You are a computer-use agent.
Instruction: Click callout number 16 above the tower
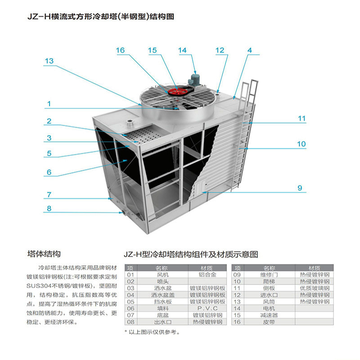pos(120,50)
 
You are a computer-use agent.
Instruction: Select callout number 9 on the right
pos(300,188)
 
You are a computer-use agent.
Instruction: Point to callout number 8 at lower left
pos(49,208)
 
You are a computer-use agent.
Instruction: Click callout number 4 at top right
pos(250,50)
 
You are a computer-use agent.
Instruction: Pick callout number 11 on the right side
pos(301,119)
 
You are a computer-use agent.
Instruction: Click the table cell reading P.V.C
pos(207,308)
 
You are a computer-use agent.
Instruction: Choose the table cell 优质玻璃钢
pos(315,288)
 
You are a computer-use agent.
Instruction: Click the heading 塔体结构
pos(44,254)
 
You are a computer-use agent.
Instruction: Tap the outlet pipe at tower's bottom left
pos(121,211)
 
